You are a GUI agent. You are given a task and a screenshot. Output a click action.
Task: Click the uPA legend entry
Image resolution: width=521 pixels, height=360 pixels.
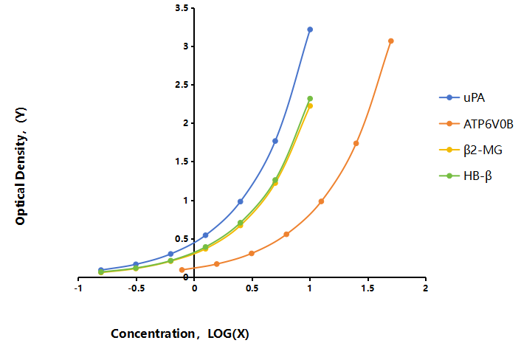point(462,97)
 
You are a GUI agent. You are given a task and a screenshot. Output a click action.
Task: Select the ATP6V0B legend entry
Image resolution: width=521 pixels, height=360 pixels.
point(476,124)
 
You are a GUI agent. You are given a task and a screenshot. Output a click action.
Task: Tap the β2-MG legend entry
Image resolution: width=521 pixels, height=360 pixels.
point(471,150)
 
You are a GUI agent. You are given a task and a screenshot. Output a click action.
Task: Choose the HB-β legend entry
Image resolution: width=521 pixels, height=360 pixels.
point(465,176)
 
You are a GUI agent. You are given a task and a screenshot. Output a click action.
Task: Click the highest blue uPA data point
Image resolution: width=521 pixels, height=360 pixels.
point(310,30)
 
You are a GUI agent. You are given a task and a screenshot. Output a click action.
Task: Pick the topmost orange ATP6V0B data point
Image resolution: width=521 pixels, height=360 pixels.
point(391,41)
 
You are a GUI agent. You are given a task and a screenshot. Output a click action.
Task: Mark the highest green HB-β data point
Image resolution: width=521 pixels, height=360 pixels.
point(310,99)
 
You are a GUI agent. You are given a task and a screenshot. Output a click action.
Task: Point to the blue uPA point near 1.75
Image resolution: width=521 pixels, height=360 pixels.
point(275,141)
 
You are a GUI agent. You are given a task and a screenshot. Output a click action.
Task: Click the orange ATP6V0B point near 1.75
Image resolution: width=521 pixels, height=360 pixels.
point(356,143)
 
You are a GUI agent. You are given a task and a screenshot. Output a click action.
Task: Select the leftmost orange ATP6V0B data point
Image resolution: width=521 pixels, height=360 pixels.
point(182,270)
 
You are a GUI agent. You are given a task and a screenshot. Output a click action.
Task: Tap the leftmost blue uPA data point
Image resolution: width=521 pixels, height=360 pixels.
point(101,270)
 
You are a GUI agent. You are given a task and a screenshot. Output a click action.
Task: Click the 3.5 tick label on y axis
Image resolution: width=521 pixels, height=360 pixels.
point(182,8)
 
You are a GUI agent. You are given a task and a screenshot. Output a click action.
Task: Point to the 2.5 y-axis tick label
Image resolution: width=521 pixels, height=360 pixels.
point(182,85)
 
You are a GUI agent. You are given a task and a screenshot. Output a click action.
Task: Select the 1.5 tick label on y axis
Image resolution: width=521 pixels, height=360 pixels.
point(182,162)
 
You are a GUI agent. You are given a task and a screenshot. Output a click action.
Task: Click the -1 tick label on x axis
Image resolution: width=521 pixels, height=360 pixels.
point(78,288)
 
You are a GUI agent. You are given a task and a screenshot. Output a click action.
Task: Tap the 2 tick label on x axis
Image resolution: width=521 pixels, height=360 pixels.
point(425,288)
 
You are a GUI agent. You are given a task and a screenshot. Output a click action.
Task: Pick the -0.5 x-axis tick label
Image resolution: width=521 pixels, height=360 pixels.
point(137,288)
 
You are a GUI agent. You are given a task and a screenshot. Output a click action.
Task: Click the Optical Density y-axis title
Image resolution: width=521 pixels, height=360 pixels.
point(21,166)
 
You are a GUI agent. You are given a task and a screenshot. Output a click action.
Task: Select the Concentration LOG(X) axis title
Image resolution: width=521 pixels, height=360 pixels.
point(180,333)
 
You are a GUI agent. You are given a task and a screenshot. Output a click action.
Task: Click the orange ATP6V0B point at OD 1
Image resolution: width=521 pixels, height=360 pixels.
point(321,201)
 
